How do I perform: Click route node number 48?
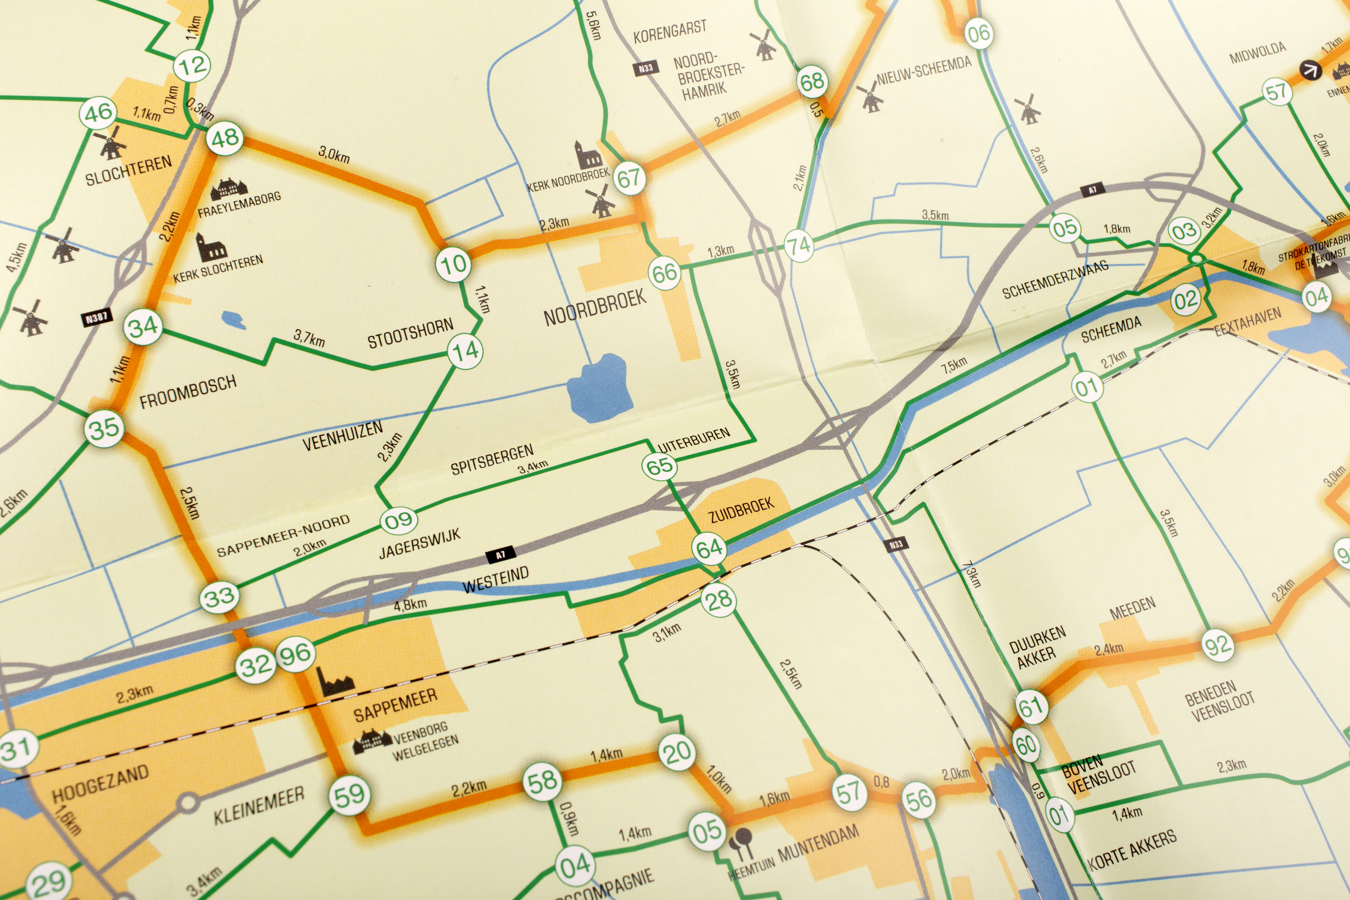point(225,138)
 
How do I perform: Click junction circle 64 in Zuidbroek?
point(710,548)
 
